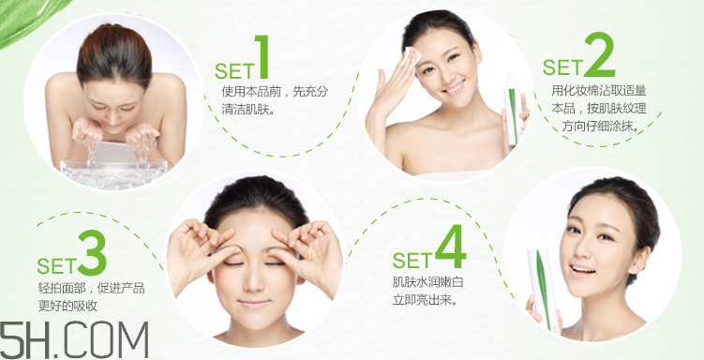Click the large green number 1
coord(262,57)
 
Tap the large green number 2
coord(599,54)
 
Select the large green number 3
coord(92,253)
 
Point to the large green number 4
coord(450,246)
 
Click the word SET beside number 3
coord(56,265)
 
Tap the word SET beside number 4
coord(412,260)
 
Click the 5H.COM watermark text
coord(74,340)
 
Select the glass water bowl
coord(113,173)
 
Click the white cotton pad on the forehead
coord(412,57)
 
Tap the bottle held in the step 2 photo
coord(512,111)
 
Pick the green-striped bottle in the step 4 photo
coord(544,290)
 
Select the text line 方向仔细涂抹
coord(600,127)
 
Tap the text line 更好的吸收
coord(67,306)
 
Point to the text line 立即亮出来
coord(425,299)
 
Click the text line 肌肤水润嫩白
coord(427,282)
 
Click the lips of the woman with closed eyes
coord(254,304)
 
